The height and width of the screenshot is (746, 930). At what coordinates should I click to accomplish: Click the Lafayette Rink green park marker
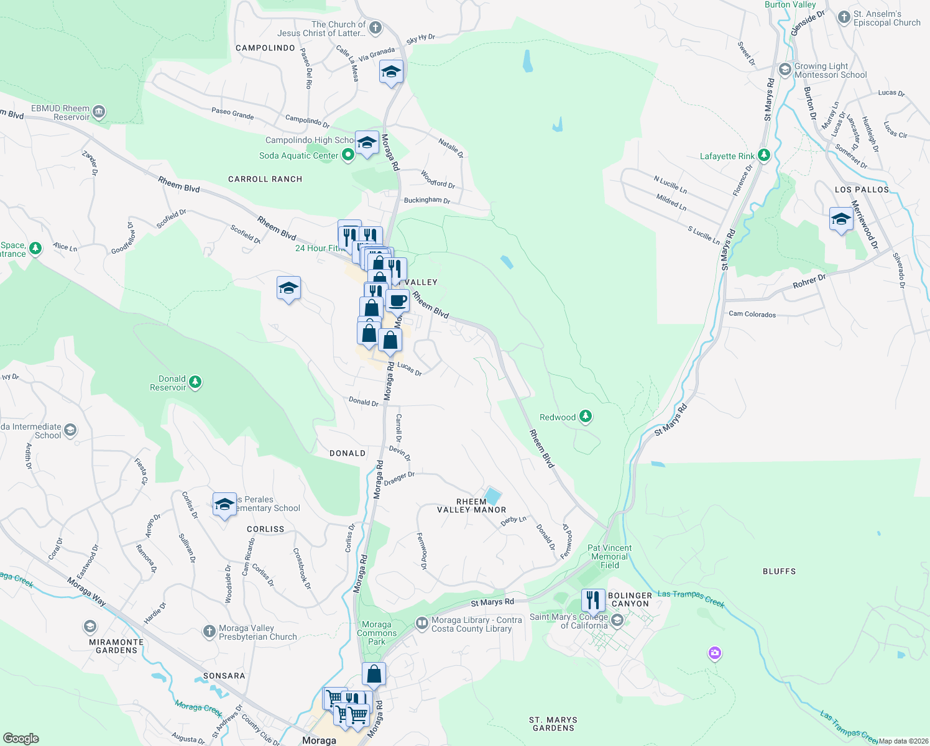(x=764, y=155)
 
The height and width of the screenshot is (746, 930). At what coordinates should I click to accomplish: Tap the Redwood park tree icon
(x=585, y=417)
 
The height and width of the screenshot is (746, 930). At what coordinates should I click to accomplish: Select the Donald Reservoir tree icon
(x=195, y=382)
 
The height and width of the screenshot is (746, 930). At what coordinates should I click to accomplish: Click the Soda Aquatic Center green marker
(x=348, y=155)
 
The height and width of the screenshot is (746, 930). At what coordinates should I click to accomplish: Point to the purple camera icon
(x=714, y=653)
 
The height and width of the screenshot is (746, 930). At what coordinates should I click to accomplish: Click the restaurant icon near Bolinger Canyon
(x=593, y=600)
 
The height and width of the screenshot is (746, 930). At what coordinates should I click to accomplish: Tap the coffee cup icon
(x=398, y=300)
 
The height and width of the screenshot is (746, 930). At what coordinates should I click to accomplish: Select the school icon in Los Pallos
(x=840, y=219)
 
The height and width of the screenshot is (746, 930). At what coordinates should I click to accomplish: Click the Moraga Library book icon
(x=422, y=622)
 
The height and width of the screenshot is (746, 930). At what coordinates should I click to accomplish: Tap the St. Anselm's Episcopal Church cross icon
(x=844, y=17)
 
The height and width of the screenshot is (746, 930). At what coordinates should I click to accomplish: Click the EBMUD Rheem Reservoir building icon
(x=99, y=113)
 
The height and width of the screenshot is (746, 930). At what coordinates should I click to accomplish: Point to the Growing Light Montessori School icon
(x=785, y=69)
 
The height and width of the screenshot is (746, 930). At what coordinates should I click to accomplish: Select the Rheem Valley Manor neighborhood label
(x=472, y=505)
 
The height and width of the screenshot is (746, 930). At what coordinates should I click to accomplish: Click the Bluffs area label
(x=779, y=571)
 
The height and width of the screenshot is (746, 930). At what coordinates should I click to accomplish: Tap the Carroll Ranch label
(x=265, y=179)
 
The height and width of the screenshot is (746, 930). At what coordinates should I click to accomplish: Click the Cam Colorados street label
(x=752, y=314)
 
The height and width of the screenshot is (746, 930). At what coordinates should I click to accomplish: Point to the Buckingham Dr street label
(x=426, y=200)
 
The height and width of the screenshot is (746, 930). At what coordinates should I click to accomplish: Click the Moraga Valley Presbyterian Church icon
(x=209, y=632)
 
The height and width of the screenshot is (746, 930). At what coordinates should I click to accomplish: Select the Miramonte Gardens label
(x=116, y=646)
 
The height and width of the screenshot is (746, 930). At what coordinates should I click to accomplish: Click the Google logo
(x=21, y=738)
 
